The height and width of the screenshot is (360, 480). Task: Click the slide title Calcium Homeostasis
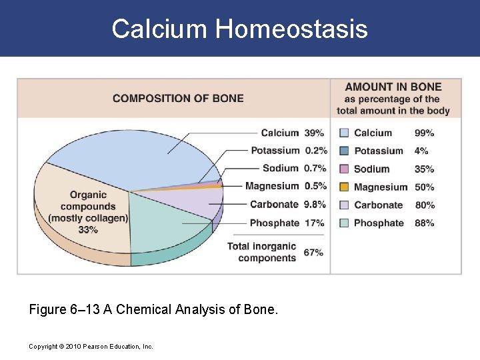tap(239, 29)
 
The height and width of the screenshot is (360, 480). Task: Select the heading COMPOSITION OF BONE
tap(178, 98)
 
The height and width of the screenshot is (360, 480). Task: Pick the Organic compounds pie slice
tap(80, 213)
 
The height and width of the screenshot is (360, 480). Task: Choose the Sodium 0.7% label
tap(294, 168)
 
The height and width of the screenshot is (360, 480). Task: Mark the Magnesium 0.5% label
tap(285, 186)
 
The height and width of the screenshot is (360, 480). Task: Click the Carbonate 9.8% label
tap(287, 204)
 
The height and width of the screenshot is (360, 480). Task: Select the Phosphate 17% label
tap(287, 223)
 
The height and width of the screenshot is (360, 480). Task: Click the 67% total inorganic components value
tap(313, 253)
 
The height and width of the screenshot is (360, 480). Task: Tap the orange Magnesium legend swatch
tap(343, 187)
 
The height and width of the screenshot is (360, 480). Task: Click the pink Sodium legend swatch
tap(343, 169)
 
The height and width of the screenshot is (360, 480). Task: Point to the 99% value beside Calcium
tap(424, 133)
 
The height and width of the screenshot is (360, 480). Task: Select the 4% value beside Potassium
tap(421, 151)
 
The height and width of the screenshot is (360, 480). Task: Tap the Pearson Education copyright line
tap(91, 347)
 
